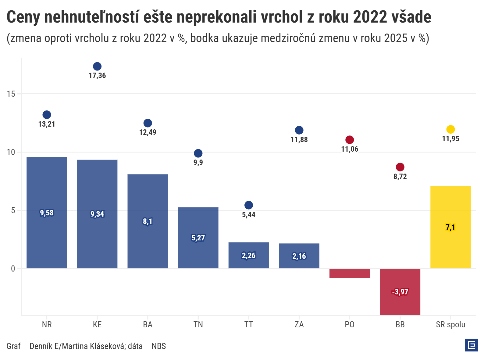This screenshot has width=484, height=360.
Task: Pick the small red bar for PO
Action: [350, 273]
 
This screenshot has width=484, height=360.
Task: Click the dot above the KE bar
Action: [97, 67]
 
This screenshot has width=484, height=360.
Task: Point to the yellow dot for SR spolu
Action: [450, 129]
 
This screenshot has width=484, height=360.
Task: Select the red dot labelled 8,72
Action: [400, 167]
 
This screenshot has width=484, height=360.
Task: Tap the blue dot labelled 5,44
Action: [249, 205]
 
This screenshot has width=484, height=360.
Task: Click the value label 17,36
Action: [97, 76]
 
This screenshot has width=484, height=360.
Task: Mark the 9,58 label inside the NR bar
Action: [47, 213]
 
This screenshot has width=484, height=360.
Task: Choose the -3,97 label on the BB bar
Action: [400, 292]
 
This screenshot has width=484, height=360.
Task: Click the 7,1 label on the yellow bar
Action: [450, 227]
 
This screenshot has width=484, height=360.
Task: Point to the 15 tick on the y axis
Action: [11, 94]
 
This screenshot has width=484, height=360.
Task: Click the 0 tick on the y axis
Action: [13, 269]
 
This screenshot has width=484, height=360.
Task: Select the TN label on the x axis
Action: [198, 324]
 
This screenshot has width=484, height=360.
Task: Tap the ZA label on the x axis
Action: [299, 324]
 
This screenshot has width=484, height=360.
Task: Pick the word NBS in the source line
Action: [159, 346]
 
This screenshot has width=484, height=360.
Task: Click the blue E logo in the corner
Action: [471, 345]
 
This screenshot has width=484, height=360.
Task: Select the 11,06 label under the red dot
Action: [350, 149]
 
